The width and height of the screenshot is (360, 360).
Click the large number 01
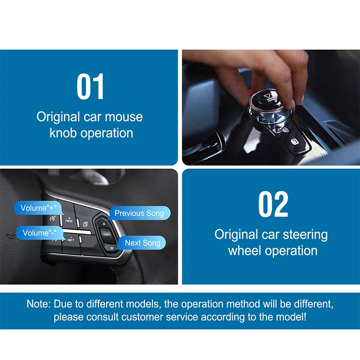click(x=90, y=86)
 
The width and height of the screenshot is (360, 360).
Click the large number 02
click(x=273, y=204)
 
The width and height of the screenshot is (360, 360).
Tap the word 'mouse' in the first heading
click(x=124, y=117)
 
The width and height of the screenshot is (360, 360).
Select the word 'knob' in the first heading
click(x=63, y=133)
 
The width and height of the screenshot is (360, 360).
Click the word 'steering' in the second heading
click(x=305, y=235)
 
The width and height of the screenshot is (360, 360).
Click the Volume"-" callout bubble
click(x=40, y=233)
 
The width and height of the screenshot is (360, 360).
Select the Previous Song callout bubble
click(x=139, y=213)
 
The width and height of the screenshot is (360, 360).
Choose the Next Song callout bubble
click(x=142, y=243)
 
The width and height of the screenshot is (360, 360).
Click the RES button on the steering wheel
click(x=69, y=220)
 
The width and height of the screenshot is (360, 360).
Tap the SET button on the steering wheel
click(x=71, y=239)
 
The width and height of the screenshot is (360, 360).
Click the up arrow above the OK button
click(x=104, y=224)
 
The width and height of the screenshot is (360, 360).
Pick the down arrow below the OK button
click(x=112, y=248)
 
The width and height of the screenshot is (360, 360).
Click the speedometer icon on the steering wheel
click(x=52, y=219)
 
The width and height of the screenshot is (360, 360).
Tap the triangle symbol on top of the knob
click(x=267, y=95)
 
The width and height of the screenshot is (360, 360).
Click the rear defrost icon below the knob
click(x=295, y=142)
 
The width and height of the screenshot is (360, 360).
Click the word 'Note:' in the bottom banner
click(x=39, y=304)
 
